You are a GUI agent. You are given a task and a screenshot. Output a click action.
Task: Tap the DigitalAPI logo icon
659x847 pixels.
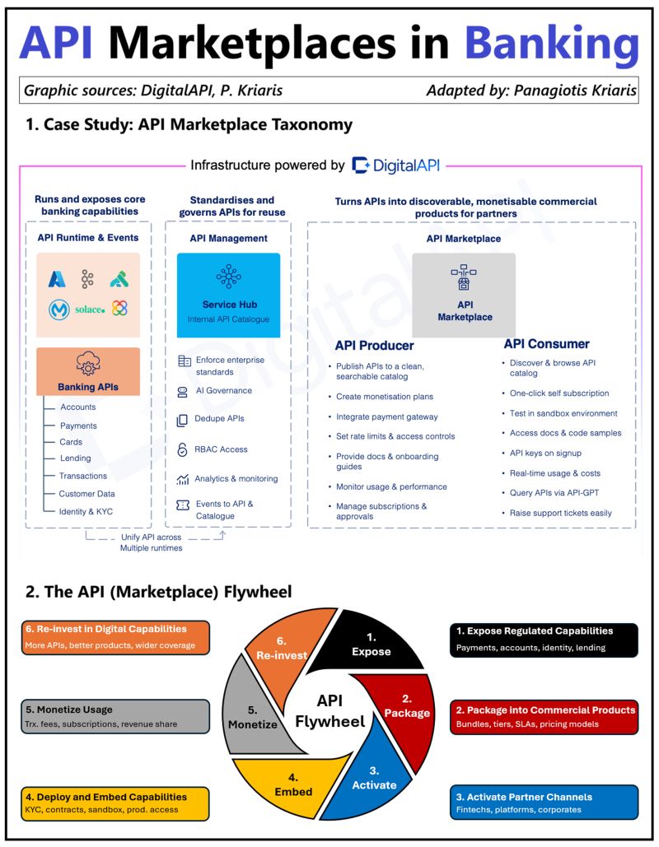point(361,165)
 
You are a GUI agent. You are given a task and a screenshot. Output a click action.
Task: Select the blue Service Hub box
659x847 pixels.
point(228,295)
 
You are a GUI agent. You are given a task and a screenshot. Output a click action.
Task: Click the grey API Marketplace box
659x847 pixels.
point(464,295)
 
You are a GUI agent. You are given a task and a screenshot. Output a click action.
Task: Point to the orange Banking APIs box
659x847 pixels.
point(88,371)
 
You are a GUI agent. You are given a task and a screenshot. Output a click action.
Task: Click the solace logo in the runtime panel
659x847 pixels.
point(89,309)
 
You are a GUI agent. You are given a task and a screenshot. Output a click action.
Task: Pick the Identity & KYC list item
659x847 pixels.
point(86,511)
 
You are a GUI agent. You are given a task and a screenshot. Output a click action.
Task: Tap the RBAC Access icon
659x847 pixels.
point(183,449)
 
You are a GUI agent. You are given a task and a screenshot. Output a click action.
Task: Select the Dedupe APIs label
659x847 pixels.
point(219,419)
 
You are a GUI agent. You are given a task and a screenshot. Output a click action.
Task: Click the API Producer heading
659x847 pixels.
point(374,345)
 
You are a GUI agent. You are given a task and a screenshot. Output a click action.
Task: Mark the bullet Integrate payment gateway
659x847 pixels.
point(386,417)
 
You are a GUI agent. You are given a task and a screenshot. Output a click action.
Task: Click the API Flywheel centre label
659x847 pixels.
point(329,711)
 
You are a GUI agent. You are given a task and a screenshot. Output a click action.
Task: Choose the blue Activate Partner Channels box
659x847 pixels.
point(545,803)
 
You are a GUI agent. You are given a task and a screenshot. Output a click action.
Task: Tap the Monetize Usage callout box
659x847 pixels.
point(116,716)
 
